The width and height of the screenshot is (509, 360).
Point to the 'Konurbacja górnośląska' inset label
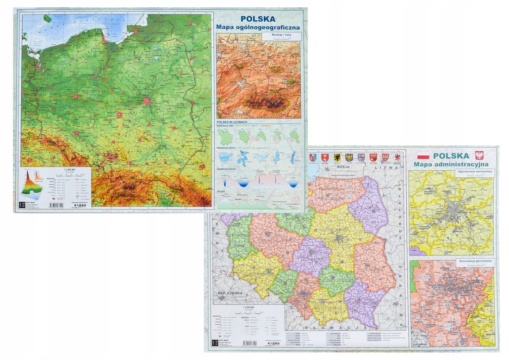coord(475,262)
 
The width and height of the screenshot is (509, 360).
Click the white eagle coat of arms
coord(479,155)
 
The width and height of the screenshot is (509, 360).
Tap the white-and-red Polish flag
coord(423,156)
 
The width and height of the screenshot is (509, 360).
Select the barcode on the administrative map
coord(249,343)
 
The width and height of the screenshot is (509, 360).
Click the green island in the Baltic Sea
coord(47,19)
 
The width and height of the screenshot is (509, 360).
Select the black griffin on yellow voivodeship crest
coord(337,157)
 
